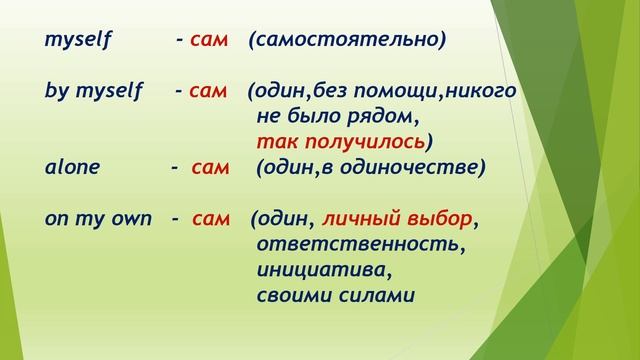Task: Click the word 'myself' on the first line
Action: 78,42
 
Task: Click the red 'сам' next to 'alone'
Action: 210,167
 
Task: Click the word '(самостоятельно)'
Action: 347,42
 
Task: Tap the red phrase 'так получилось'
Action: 346,140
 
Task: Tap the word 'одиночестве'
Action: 420,167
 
